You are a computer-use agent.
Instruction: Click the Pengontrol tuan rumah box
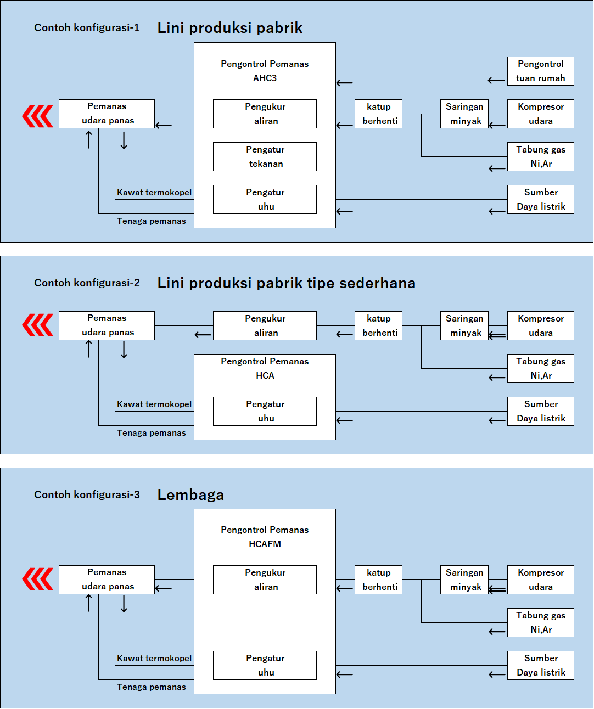tap(540, 71)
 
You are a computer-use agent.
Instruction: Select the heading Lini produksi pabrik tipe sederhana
tap(286, 283)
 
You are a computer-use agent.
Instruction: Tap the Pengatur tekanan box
tap(265, 157)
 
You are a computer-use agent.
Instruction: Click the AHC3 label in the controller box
tap(265, 78)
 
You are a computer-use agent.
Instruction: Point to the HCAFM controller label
tap(265, 544)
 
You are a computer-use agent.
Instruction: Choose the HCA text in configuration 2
tap(265, 376)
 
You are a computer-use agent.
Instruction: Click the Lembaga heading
tap(190, 495)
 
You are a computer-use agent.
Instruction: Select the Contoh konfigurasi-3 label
tap(87, 495)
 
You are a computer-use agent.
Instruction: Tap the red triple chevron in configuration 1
tap(38, 116)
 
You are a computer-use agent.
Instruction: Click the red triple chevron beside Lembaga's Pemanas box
tap(38, 579)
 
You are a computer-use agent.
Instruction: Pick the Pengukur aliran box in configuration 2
tap(265, 326)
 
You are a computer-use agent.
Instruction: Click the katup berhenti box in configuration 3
tap(379, 580)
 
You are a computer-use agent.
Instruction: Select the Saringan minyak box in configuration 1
tap(464, 114)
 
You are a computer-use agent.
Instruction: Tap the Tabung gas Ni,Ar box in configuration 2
tap(540, 369)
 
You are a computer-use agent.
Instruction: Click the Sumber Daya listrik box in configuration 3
tap(540, 666)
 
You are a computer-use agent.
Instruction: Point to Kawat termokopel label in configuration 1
tap(154, 193)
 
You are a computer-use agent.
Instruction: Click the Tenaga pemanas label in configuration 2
tap(151, 433)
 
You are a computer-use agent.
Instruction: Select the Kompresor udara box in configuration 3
tap(540, 580)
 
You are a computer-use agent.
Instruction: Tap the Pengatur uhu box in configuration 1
tap(265, 200)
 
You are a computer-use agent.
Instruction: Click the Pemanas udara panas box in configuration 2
tap(107, 326)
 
